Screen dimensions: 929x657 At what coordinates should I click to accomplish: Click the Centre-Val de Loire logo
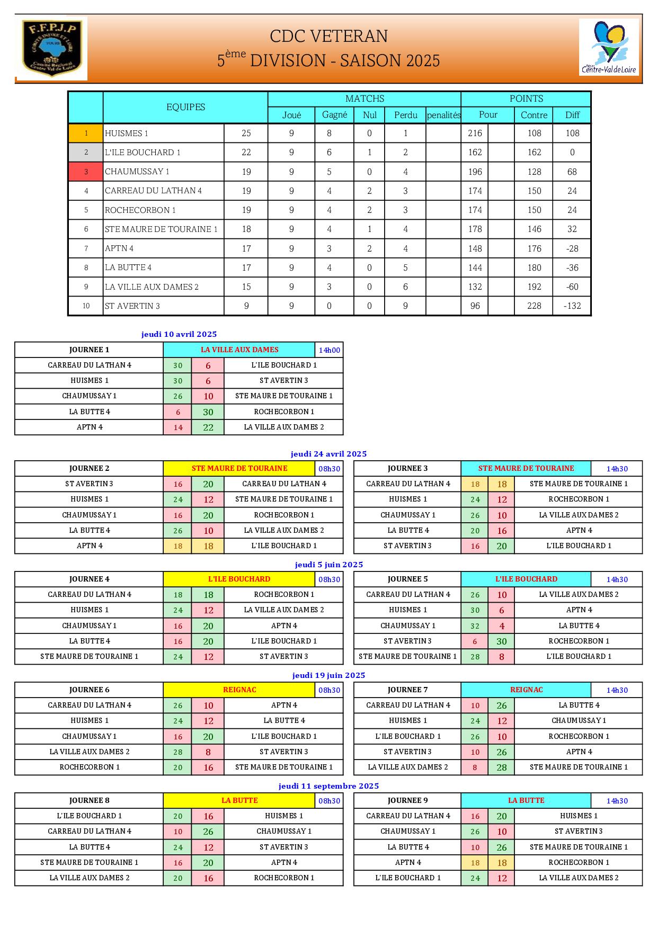pyautogui.click(x=609, y=47)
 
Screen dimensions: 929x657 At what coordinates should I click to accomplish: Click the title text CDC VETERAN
pyautogui.click(x=328, y=36)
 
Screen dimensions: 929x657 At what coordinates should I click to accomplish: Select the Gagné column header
pyautogui.click(x=334, y=115)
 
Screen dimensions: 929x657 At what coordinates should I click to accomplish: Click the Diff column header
pyautogui.click(x=572, y=115)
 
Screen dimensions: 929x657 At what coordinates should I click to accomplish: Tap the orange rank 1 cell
pyautogui.click(x=86, y=133)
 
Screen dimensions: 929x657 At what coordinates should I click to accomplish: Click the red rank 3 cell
pyautogui.click(x=86, y=172)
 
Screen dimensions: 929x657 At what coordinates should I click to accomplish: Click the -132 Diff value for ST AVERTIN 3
pyautogui.click(x=572, y=306)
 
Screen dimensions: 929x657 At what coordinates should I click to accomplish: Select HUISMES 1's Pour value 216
pyautogui.click(x=475, y=133)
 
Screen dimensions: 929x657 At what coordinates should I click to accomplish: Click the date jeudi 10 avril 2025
pyautogui.click(x=179, y=334)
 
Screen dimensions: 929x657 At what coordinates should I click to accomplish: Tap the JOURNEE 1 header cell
pyautogui.click(x=89, y=350)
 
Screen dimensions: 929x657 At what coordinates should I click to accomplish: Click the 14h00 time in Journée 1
pyautogui.click(x=329, y=350)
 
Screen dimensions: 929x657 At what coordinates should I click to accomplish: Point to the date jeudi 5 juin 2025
pyautogui.click(x=328, y=565)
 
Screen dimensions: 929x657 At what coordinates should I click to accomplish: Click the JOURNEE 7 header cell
pyautogui.click(x=407, y=690)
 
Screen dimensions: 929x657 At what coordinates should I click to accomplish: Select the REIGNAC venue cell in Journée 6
pyautogui.click(x=239, y=690)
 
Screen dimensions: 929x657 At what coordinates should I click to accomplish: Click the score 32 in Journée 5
pyautogui.click(x=475, y=626)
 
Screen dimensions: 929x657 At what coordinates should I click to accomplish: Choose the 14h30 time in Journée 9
pyautogui.click(x=617, y=801)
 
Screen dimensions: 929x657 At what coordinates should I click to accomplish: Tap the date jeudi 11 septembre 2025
pyautogui.click(x=328, y=786)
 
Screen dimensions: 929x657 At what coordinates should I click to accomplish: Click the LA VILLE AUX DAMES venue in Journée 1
pyautogui.click(x=239, y=350)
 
